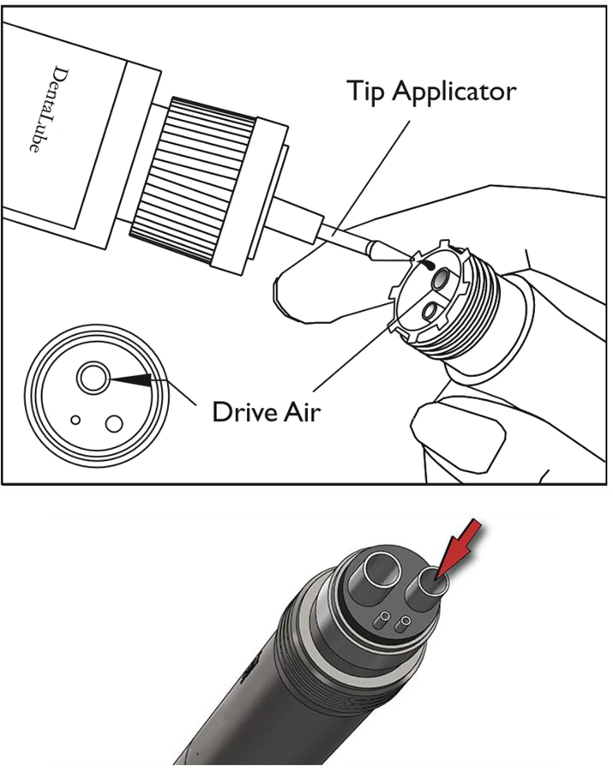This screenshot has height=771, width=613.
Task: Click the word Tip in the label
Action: click(x=364, y=92)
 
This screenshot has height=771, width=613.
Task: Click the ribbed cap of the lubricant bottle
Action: click(x=193, y=182)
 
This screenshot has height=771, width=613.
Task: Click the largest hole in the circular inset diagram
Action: click(x=93, y=378)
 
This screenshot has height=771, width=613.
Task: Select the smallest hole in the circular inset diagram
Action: click(x=75, y=421)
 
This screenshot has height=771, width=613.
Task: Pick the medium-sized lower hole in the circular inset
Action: click(x=114, y=423)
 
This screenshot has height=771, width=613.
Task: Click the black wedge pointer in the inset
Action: click(x=130, y=379)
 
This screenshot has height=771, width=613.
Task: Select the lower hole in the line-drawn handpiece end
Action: click(x=430, y=311)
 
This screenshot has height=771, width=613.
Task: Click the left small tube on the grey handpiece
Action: click(x=382, y=620)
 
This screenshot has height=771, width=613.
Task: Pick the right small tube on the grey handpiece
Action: click(x=402, y=625)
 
